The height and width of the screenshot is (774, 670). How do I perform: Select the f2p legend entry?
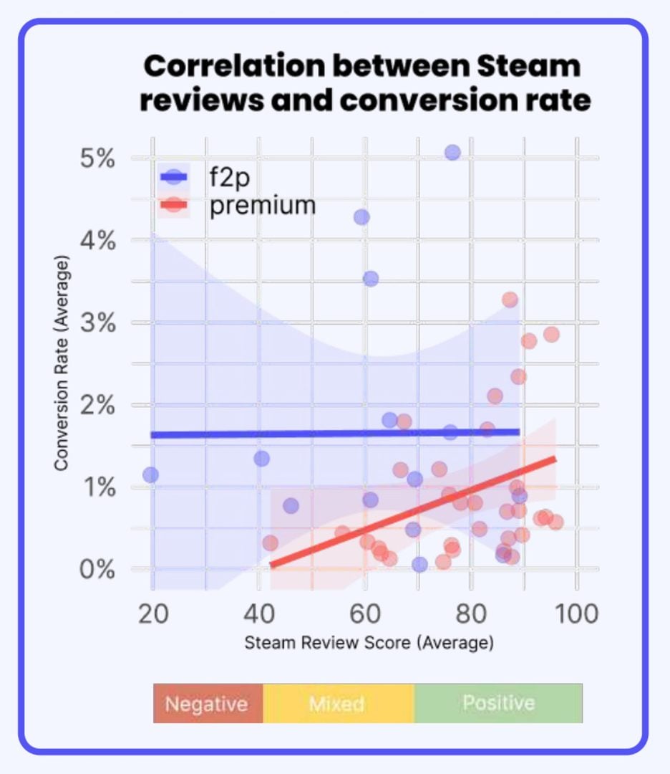(225, 176)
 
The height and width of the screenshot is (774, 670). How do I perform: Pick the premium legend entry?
(262, 206)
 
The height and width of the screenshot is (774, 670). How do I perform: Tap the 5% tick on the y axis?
(97, 158)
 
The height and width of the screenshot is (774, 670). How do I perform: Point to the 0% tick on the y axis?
(97, 570)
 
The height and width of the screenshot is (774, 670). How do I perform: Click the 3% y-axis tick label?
(97, 323)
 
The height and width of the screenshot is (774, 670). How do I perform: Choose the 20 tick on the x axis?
(152, 613)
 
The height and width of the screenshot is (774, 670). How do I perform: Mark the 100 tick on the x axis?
(577, 613)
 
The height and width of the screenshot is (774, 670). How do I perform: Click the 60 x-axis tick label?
(365, 613)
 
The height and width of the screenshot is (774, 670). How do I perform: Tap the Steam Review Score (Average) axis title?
(369, 642)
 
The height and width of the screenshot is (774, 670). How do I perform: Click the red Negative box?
(208, 703)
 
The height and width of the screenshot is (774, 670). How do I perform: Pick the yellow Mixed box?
(337, 703)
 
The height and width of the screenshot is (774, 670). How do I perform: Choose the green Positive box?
(498, 702)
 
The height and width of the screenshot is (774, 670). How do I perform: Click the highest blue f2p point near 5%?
(452, 153)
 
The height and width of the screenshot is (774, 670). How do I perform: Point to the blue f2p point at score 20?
(151, 474)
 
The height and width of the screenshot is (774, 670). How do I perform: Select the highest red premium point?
(510, 300)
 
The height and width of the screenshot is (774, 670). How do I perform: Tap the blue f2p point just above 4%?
(361, 217)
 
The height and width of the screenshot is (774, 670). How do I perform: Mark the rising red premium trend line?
(415, 512)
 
